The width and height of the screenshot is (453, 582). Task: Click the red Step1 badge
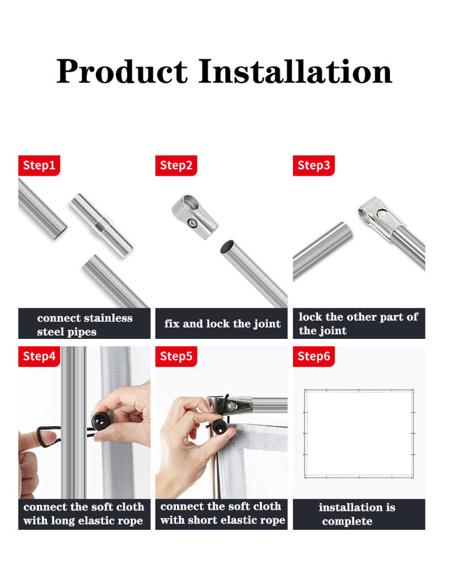[x=39, y=165]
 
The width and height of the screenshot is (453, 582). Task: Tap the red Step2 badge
[x=176, y=165]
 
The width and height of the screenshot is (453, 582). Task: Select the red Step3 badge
[x=314, y=165]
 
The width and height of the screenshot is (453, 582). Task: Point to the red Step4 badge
[x=39, y=356]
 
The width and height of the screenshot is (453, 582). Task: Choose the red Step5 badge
[x=176, y=356]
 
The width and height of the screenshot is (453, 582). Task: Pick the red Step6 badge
[x=314, y=356]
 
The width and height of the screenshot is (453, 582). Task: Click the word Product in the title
[x=122, y=72]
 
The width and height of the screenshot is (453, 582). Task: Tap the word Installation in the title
[x=295, y=72]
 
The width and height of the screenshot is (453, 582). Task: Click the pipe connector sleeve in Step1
[x=101, y=226]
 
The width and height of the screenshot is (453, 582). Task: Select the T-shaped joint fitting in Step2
[x=195, y=217]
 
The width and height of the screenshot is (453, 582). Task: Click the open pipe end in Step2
[x=227, y=247]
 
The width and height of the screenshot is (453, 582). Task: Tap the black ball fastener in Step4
[x=100, y=420]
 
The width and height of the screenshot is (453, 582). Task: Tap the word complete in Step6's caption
[x=347, y=521]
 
